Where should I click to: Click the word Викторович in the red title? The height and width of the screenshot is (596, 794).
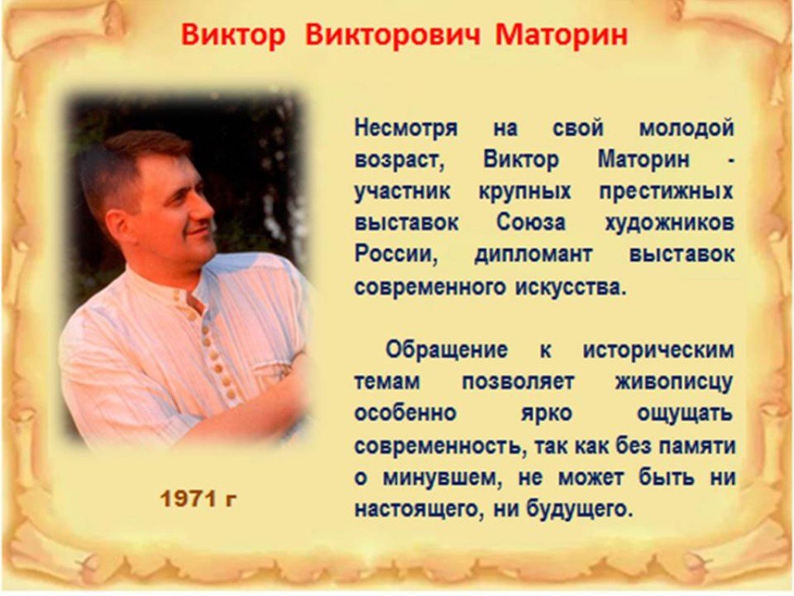[x=392, y=35]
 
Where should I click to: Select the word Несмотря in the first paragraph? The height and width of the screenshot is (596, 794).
[x=406, y=128]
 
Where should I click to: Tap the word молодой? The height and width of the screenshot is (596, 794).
[x=686, y=128]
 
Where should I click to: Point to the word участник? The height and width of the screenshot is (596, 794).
[x=402, y=192]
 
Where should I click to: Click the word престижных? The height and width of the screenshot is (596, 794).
[x=666, y=192]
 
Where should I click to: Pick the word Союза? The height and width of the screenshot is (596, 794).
[x=530, y=223]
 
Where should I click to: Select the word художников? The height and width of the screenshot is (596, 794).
[x=669, y=223]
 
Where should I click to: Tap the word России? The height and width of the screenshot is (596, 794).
[x=396, y=255]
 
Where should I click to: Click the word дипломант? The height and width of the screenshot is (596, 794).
[x=533, y=255]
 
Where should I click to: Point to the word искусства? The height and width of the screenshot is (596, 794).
[x=571, y=287]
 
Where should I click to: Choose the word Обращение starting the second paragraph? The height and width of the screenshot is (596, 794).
[x=446, y=350]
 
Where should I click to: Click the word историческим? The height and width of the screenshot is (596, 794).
[x=658, y=350]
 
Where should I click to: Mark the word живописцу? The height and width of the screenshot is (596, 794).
[x=674, y=382]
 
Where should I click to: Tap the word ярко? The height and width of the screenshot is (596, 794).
[x=547, y=414]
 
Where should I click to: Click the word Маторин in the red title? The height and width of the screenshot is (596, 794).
[x=561, y=35]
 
